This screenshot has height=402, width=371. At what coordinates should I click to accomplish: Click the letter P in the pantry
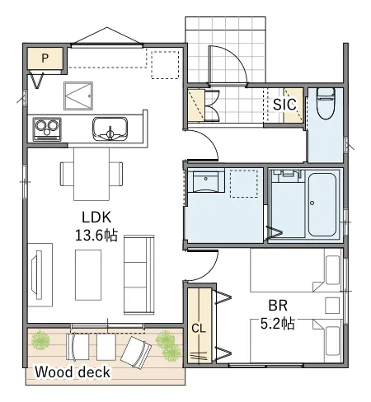(45, 58)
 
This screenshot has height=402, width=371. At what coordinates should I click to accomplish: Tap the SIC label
(284, 105)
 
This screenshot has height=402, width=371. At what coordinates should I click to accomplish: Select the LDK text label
(96, 217)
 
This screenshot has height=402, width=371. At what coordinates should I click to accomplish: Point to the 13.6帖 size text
(96, 236)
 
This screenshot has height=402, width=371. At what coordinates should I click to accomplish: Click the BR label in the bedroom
(278, 306)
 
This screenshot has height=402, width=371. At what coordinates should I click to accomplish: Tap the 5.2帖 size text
(278, 324)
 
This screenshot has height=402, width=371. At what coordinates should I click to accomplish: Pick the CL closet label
(199, 328)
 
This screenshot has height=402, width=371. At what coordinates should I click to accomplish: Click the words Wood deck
(73, 372)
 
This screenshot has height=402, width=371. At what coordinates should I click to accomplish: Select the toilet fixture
(326, 103)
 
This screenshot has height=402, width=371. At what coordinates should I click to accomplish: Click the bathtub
(322, 204)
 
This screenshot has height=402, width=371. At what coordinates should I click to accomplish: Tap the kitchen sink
(110, 129)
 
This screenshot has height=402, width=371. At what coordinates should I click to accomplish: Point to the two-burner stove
(47, 129)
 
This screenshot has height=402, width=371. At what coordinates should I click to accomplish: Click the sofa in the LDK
(139, 274)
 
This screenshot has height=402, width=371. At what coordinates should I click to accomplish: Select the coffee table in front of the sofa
(88, 275)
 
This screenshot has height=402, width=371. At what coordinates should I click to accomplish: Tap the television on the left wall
(36, 274)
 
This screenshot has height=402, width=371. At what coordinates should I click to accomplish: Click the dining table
(92, 174)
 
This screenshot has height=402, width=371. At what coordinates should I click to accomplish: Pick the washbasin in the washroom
(206, 180)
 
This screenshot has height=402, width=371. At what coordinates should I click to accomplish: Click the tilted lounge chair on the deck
(136, 352)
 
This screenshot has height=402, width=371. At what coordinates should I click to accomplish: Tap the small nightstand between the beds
(332, 306)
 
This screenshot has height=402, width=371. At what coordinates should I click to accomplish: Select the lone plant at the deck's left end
(41, 341)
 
